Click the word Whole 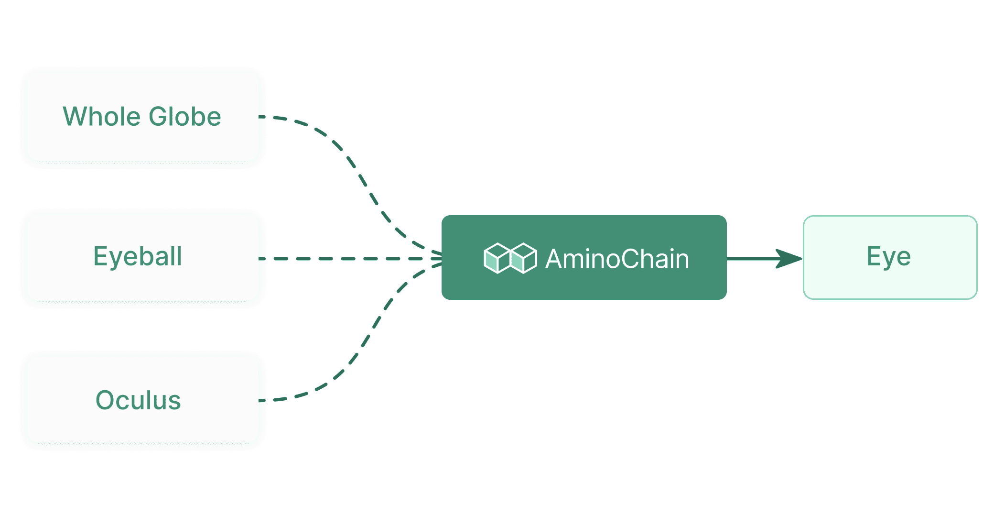coord(102,117)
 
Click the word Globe coord(185,117)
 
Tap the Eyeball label coord(138,257)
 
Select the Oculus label coord(138,400)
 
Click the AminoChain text coord(617,259)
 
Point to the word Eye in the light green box coord(888,257)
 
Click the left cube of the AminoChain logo coord(497,258)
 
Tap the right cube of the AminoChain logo coord(524,258)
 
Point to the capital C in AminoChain coord(630,259)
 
